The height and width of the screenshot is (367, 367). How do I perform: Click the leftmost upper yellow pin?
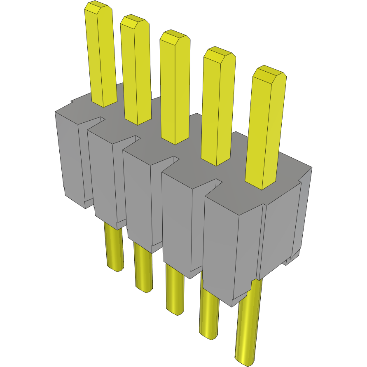(101, 58)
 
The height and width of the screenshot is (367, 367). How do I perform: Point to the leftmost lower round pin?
(114, 247)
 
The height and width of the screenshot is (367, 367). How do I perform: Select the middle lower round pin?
(175, 290)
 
